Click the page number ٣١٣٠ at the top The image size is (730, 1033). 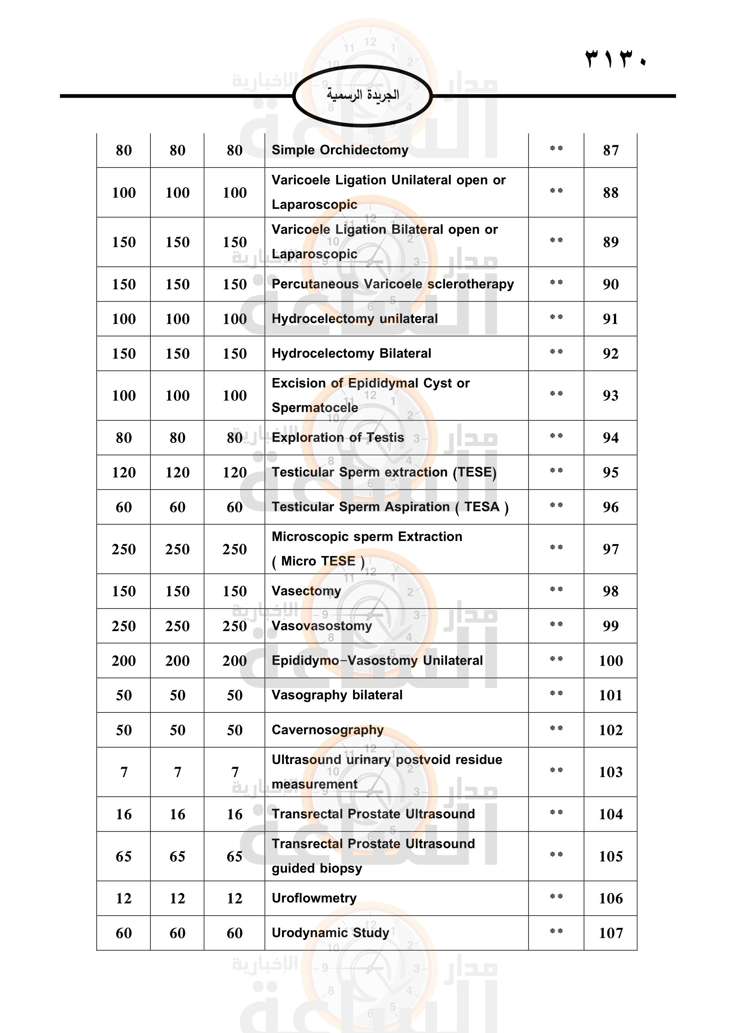(615, 59)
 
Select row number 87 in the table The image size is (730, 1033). (610, 150)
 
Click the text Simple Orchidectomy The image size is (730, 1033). (340, 150)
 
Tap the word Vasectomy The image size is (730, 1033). (306, 591)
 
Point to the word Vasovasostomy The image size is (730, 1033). (322, 626)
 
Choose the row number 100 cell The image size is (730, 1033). (610, 660)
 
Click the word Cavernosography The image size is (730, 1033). (327, 730)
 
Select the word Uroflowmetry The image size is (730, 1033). (314, 898)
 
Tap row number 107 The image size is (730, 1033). (610, 933)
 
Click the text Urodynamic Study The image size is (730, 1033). (331, 933)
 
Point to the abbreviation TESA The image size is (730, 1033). (482, 507)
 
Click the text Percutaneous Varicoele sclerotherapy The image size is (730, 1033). (392, 284)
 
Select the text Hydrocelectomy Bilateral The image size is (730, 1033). (351, 353)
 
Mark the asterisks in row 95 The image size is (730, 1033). (556, 471)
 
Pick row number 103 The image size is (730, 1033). (610, 772)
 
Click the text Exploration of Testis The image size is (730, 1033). (338, 437)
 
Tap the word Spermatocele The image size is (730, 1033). (315, 408)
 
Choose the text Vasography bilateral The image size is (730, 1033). (337, 695)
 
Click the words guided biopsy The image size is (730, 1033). (316, 868)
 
